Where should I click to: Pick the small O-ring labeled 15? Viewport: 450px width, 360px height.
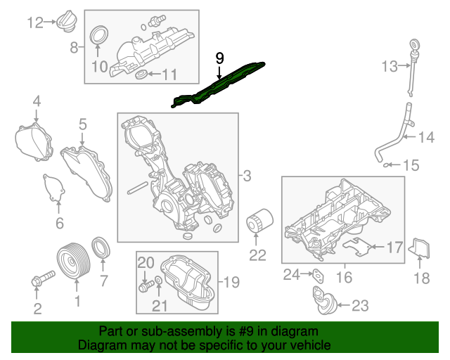pos(387,166)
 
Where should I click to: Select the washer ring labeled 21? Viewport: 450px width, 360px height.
pos(158,283)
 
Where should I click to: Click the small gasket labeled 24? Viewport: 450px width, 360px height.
pos(316,274)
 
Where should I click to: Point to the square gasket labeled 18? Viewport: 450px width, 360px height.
pos(421,250)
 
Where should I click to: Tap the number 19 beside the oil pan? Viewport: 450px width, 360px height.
pos(231,283)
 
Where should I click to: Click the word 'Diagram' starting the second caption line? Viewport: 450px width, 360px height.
pos(100,345)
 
